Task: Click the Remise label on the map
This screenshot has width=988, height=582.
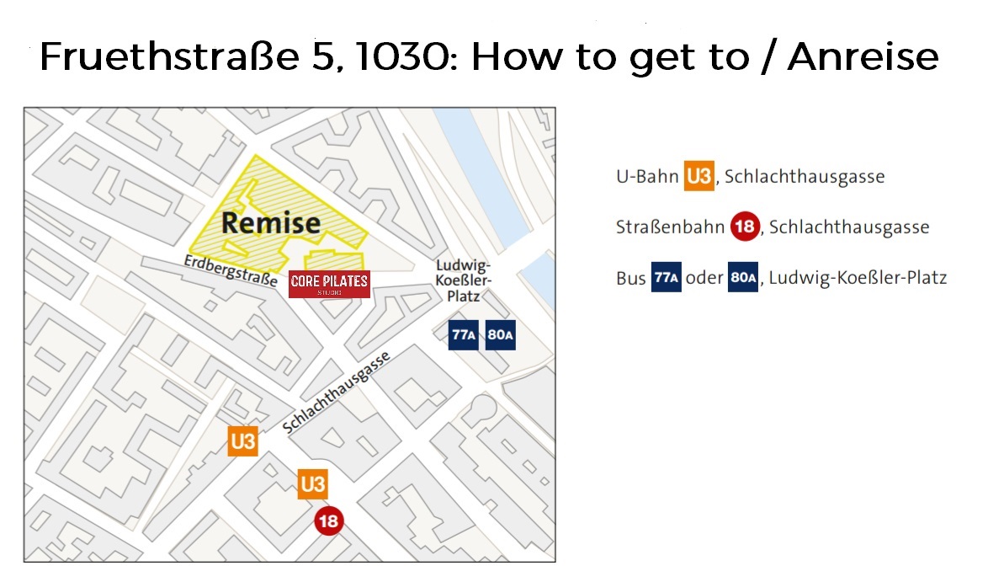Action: pyautogui.click(x=271, y=223)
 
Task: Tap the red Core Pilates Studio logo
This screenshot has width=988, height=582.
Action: pyautogui.click(x=329, y=284)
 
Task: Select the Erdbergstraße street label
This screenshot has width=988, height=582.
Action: pyautogui.click(x=231, y=272)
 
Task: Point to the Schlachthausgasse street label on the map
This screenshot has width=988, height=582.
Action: pyautogui.click(x=337, y=392)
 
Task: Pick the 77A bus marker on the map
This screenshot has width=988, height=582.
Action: pyautogui.click(x=465, y=335)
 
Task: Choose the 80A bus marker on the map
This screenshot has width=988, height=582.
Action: pyautogui.click(x=500, y=335)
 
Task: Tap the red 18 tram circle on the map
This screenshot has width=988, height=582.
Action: pyautogui.click(x=328, y=521)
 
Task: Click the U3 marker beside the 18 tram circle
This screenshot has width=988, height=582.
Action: pyautogui.click(x=312, y=484)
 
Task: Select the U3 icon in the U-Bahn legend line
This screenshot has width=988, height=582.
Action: pyautogui.click(x=699, y=177)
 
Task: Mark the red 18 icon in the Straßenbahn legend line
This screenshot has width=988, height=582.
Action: pyautogui.click(x=745, y=227)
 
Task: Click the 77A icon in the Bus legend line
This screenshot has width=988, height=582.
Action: pyautogui.click(x=665, y=278)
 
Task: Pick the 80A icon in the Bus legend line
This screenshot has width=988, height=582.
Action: pyautogui.click(x=742, y=278)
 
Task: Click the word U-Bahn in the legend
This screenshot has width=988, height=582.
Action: pyautogui.click(x=646, y=178)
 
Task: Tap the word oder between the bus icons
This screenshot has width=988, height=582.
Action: pyautogui.click(x=704, y=278)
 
